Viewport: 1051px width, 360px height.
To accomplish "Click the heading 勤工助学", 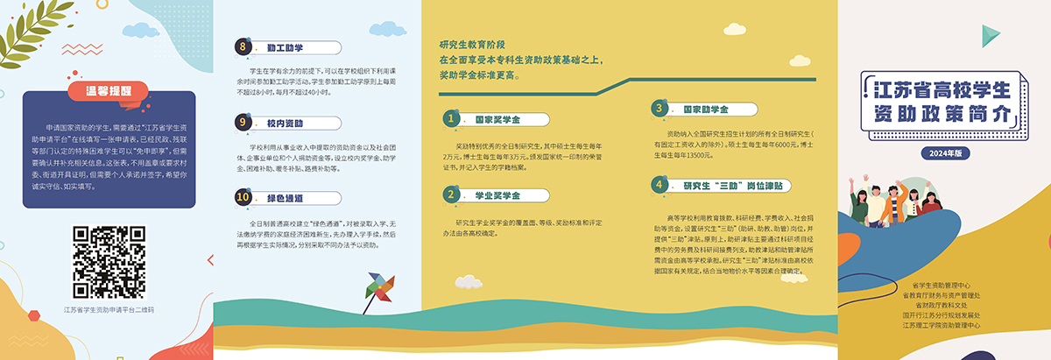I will [285, 47].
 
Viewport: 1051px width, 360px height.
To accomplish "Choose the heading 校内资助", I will [285, 124].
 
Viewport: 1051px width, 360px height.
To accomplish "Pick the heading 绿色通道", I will [285, 199].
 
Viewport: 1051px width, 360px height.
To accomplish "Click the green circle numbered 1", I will [451, 117].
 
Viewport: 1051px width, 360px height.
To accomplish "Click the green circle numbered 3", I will [659, 108].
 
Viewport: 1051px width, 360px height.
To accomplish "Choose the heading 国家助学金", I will [705, 109].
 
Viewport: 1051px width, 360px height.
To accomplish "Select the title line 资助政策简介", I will [942, 115].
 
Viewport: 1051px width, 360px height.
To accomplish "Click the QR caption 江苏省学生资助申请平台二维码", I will [109, 310].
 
